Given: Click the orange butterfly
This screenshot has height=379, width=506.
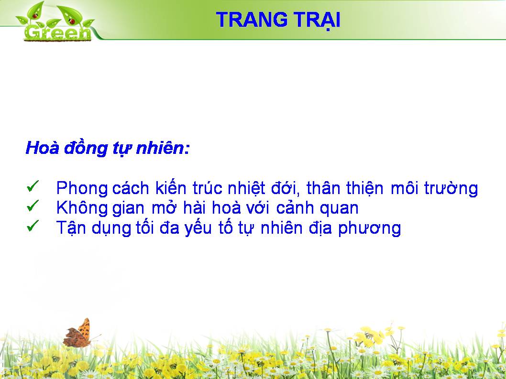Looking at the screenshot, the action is (78, 333).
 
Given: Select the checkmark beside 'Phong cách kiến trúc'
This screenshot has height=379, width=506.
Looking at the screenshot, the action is (33, 186).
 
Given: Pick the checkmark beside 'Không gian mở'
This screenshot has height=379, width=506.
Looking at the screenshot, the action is (33, 206).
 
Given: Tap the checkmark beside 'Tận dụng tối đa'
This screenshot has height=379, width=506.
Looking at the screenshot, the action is (33, 226).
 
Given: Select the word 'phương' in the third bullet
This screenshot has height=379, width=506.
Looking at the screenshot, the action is (370, 228).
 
